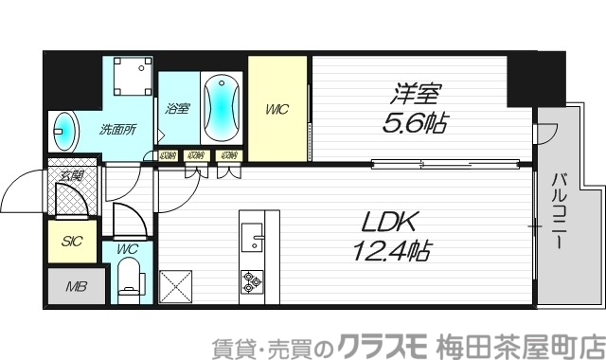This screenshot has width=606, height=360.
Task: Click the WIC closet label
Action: pos(276,109)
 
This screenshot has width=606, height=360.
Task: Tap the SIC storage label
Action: pos(72,242)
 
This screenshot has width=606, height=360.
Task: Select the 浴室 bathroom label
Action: pos(177,108)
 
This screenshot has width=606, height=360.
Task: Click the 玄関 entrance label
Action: pos(71,174)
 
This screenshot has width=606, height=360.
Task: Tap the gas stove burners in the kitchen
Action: pos(253,281)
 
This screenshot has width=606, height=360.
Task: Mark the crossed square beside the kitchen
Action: pos(177,285)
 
